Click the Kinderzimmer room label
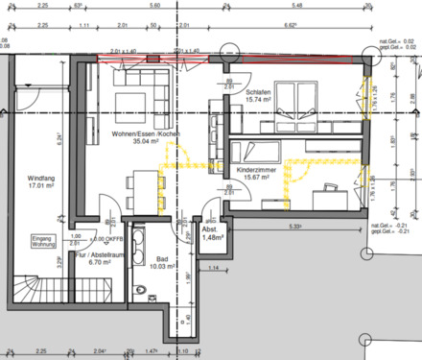[x=256, y=169]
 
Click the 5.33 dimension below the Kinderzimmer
[x=296, y=228]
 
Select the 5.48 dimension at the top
[x=298, y=5]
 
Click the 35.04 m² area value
[x=144, y=142]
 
